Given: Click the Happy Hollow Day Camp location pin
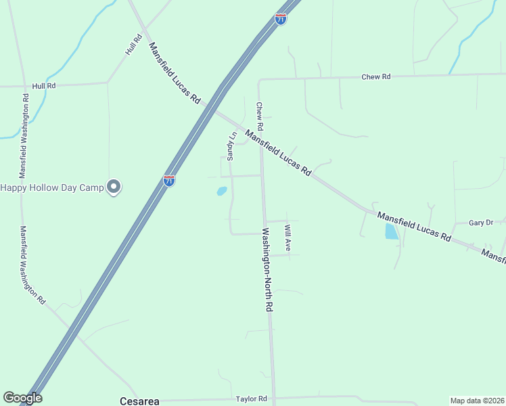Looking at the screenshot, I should pos(114,187).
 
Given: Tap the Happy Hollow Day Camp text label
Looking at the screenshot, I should pos(52,187).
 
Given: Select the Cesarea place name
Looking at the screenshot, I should pos(139,401).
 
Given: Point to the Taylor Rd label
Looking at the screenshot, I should pos(252,399).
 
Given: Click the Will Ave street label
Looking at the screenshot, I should pos(287,238).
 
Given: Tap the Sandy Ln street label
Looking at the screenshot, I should pos(231,145).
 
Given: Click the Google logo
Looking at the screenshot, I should pos(22,398).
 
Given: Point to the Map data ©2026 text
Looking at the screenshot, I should pos(477,401).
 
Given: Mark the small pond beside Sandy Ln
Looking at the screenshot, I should pos(221,191).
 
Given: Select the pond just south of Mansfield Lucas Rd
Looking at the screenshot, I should pos(391,232).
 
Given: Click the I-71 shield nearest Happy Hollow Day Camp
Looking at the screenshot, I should pos(169,181).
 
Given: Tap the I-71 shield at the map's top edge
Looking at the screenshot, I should pos(281,19).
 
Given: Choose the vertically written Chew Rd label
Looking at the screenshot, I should pos(259,116).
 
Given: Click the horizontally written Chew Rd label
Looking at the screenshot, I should pos(376,77).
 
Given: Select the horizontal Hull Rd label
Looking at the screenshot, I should pos(43,86).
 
